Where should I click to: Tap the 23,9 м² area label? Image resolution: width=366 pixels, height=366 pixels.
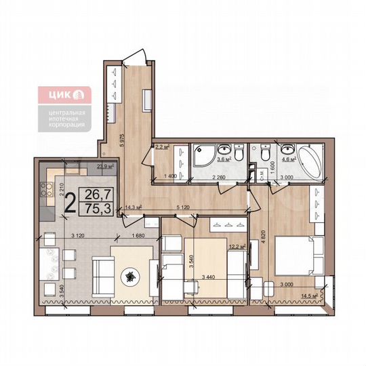click(x=104, y=165)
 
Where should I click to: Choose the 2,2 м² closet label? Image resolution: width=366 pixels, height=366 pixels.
click(x=163, y=146)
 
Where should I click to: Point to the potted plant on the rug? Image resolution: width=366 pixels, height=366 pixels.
click(x=129, y=276)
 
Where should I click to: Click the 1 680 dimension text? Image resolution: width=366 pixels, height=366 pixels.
click(x=140, y=236)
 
